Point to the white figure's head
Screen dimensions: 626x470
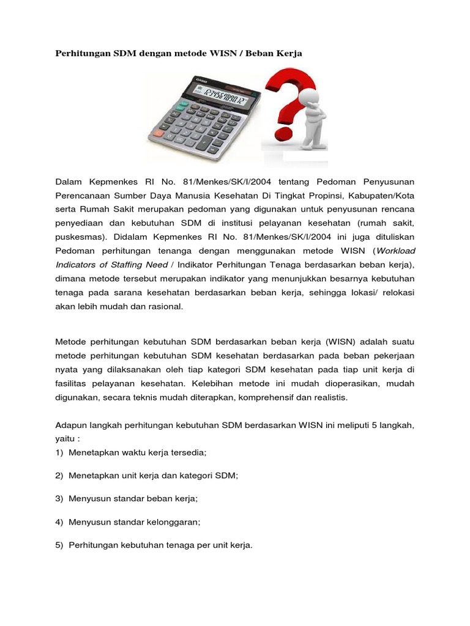coord(310,99)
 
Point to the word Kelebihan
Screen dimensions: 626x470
coord(231,383)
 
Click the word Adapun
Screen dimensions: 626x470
coord(72,425)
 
